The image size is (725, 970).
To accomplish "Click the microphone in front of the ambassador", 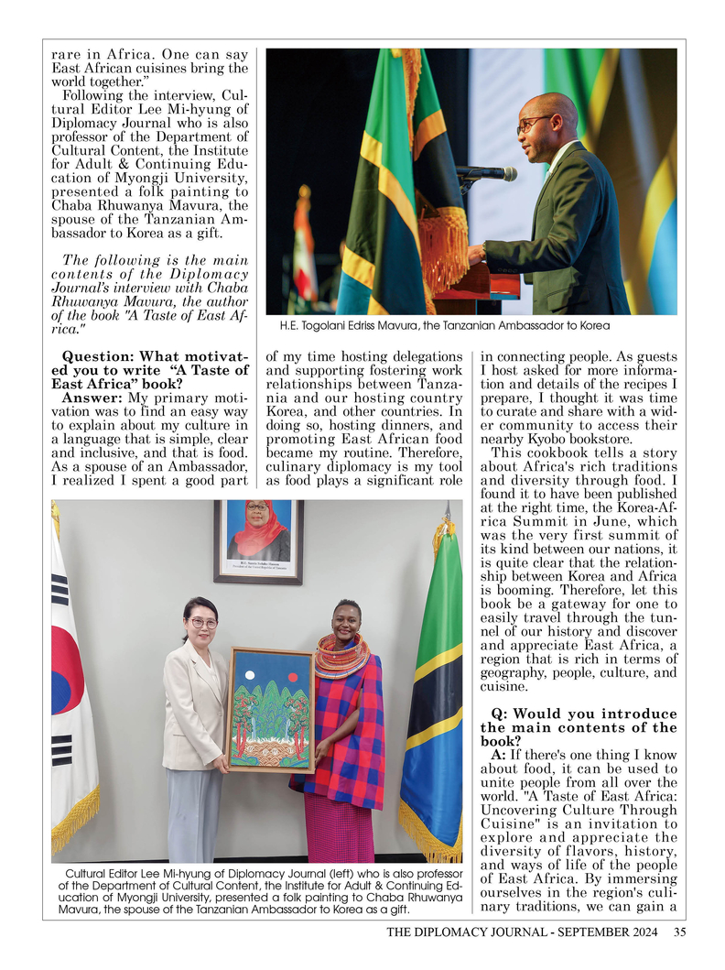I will coord(494,172).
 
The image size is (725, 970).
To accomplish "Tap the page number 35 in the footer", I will coord(679,933).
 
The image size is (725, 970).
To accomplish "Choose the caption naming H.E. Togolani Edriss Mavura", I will coord(438,326).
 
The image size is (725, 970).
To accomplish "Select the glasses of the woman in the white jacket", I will coord(201,623).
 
